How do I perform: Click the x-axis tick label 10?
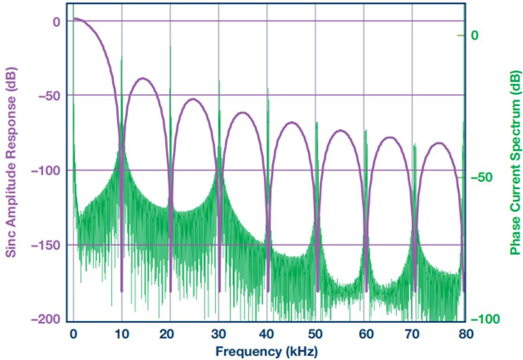click(x=122, y=334)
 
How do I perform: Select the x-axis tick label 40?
click(x=268, y=334)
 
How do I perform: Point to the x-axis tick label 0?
click(x=73, y=334)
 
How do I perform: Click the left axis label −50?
click(x=48, y=95)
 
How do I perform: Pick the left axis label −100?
click(x=45, y=170)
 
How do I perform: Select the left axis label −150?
click(x=45, y=244)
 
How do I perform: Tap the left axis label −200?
click(x=45, y=319)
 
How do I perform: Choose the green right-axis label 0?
click(x=475, y=35)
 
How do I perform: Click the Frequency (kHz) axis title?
click(x=267, y=351)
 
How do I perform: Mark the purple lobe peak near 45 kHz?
click(x=292, y=123)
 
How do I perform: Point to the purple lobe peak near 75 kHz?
click(x=439, y=142)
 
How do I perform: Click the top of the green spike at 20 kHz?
click(x=170, y=46)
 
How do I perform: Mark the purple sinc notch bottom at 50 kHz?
click(x=317, y=290)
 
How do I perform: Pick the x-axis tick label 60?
click(x=366, y=334)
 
